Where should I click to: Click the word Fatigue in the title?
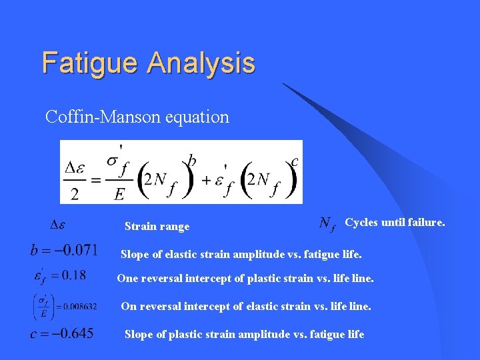(91, 63)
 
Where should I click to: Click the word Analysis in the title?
(201, 63)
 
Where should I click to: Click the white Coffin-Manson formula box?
(181, 172)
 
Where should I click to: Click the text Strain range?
(157, 227)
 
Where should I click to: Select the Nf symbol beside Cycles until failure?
(327, 223)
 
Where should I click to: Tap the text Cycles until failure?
(395, 223)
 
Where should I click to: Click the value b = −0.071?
(63, 251)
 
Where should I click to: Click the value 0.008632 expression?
(65, 307)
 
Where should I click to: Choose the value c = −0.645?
(61, 333)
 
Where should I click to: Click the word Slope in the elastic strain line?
(133, 254)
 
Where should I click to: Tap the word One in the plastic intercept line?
(127, 279)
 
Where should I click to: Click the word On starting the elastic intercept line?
(128, 307)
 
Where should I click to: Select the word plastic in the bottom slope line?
(175, 335)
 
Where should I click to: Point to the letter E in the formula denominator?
(119, 193)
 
